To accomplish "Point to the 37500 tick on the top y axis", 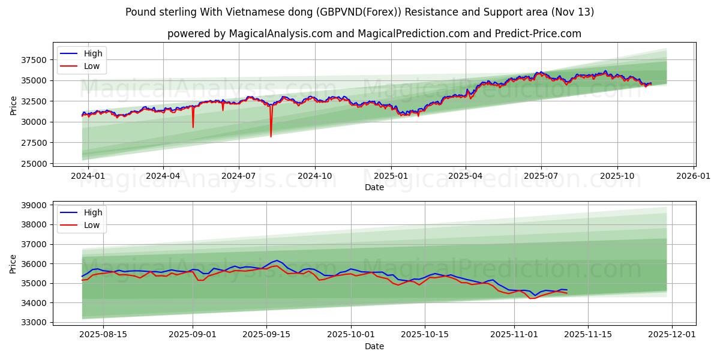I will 34,60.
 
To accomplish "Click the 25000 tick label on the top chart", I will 34,163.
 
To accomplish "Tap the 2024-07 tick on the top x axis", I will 239,176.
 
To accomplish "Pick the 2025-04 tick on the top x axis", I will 466,176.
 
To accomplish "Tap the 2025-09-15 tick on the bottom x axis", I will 266,335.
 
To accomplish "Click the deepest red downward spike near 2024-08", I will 271,136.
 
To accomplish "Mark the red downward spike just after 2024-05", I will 193,127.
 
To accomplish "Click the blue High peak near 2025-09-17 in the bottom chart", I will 277,260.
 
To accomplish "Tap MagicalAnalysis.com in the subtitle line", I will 281,34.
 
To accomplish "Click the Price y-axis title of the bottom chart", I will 13,263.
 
